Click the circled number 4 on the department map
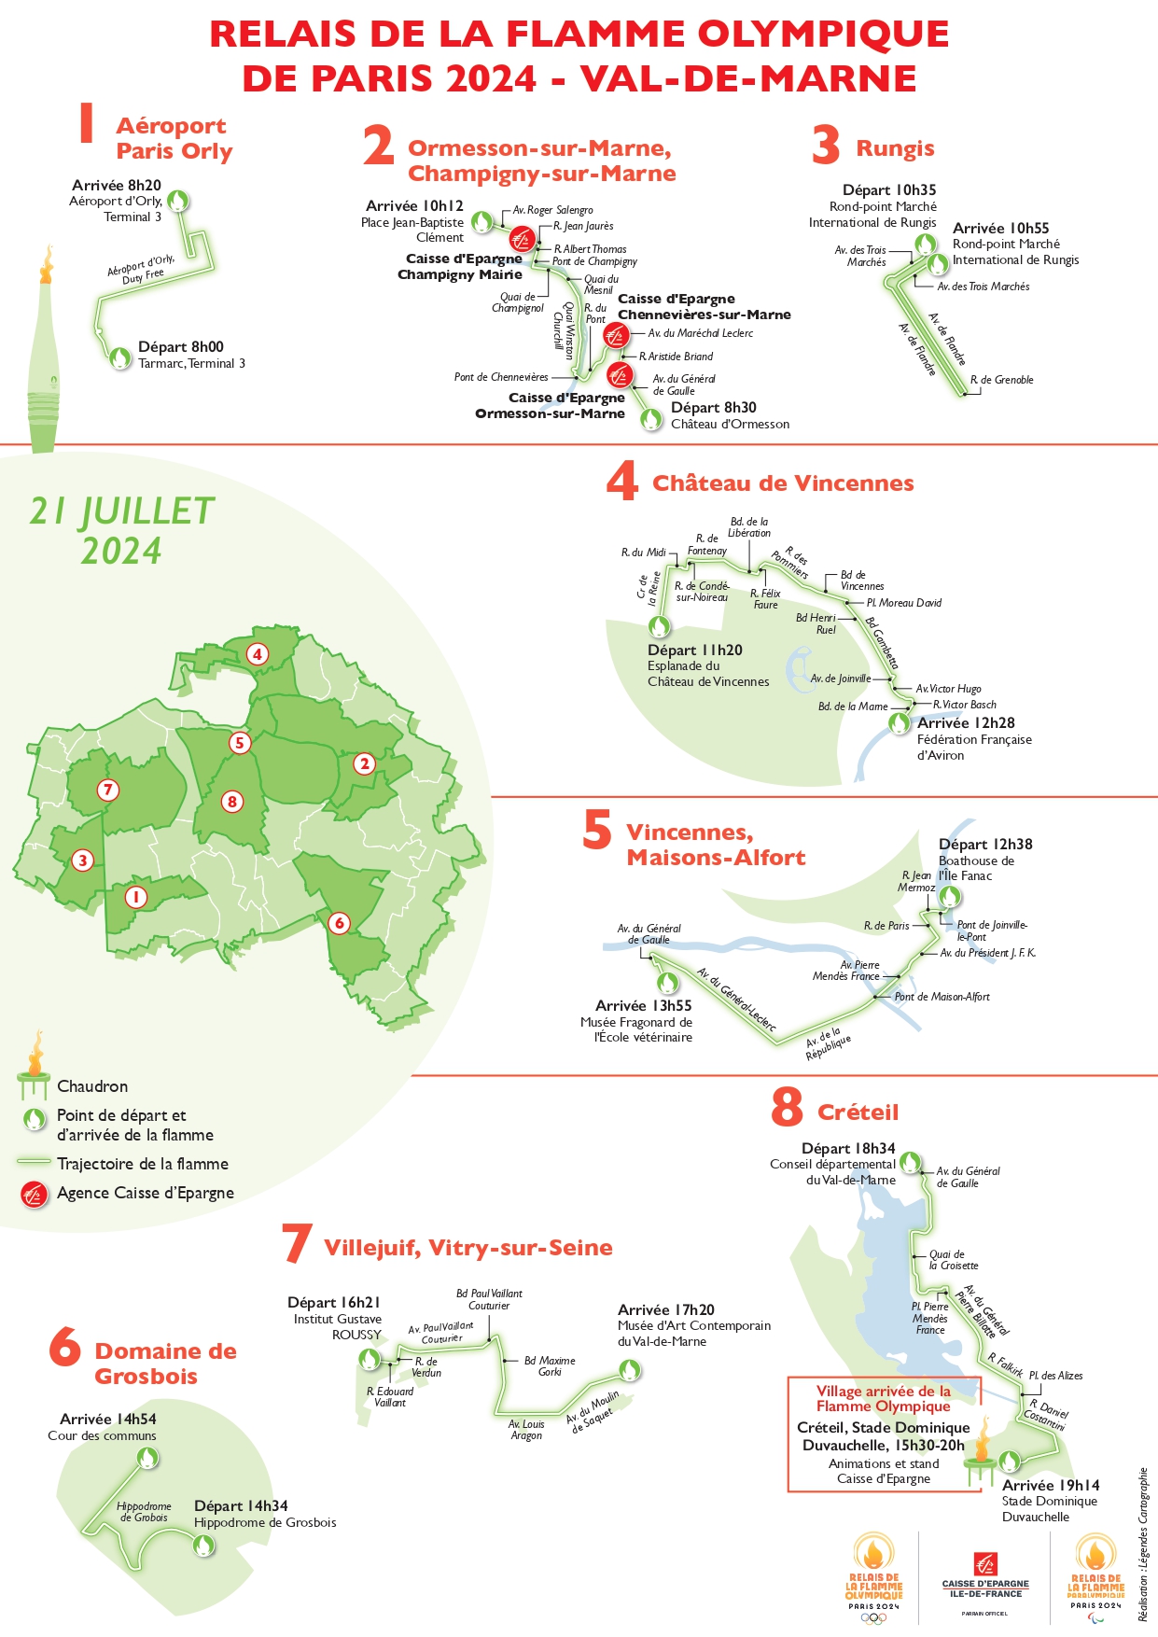point(258,654)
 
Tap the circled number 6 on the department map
point(339,923)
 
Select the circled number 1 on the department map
point(136,898)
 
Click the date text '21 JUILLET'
point(122,511)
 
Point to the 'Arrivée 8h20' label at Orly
point(117,185)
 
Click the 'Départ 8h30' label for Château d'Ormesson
point(714,407)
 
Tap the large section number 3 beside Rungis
point(826,147)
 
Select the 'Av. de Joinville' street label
point(840,679)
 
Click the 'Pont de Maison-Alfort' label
point(942,997)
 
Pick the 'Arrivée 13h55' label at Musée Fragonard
point(644,1005)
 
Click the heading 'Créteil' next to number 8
point(858,1112)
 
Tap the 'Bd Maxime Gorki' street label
point(550,1366)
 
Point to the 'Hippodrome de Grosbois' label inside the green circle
point(144,1511)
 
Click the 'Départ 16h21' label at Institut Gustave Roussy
point(334,1302)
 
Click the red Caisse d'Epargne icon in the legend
point(35,1193)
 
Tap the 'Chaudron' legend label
point(92,1086)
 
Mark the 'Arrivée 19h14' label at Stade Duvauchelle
point(1051,1485)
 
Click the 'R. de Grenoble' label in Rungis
point(1001,380)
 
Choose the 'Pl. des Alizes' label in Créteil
point(1055,1376)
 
